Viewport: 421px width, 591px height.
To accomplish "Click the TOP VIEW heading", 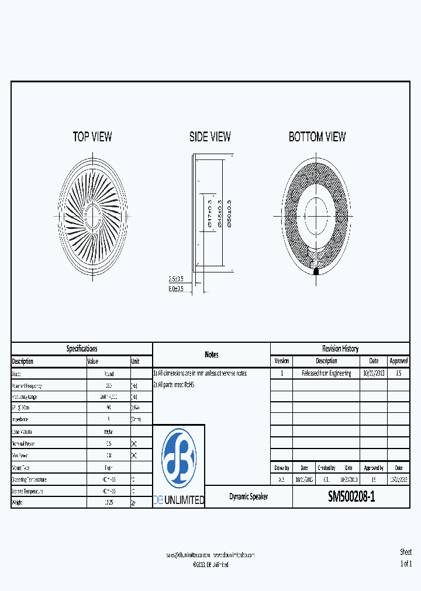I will coord(92,137).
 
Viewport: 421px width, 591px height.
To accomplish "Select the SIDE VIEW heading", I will coord(210,137).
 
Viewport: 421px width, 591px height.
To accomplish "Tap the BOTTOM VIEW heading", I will coord(317,137).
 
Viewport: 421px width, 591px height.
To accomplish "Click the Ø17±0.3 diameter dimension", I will coord(209,213).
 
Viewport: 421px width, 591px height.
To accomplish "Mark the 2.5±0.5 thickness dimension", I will coord(176,279).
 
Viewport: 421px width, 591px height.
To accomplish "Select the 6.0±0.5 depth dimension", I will coord(176,288).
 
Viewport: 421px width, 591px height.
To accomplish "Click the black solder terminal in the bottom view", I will coord(316,272).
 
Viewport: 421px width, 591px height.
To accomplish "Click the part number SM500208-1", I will coord(351,497).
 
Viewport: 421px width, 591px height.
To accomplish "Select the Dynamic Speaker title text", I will coord(249,496).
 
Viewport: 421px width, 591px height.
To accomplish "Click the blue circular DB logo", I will coord(179,457).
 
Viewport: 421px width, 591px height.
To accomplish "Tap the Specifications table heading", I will coord(82,349).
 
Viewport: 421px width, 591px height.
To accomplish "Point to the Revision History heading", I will coord(340,349).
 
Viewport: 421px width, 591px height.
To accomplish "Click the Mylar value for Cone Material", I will coord(109,431).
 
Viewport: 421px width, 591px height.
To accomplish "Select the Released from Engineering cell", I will coord(326,373).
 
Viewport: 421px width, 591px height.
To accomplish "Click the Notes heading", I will coord(212,354).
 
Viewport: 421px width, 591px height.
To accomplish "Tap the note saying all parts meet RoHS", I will coord(174,385).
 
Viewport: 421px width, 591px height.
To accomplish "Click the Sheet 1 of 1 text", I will coord(406,558).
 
